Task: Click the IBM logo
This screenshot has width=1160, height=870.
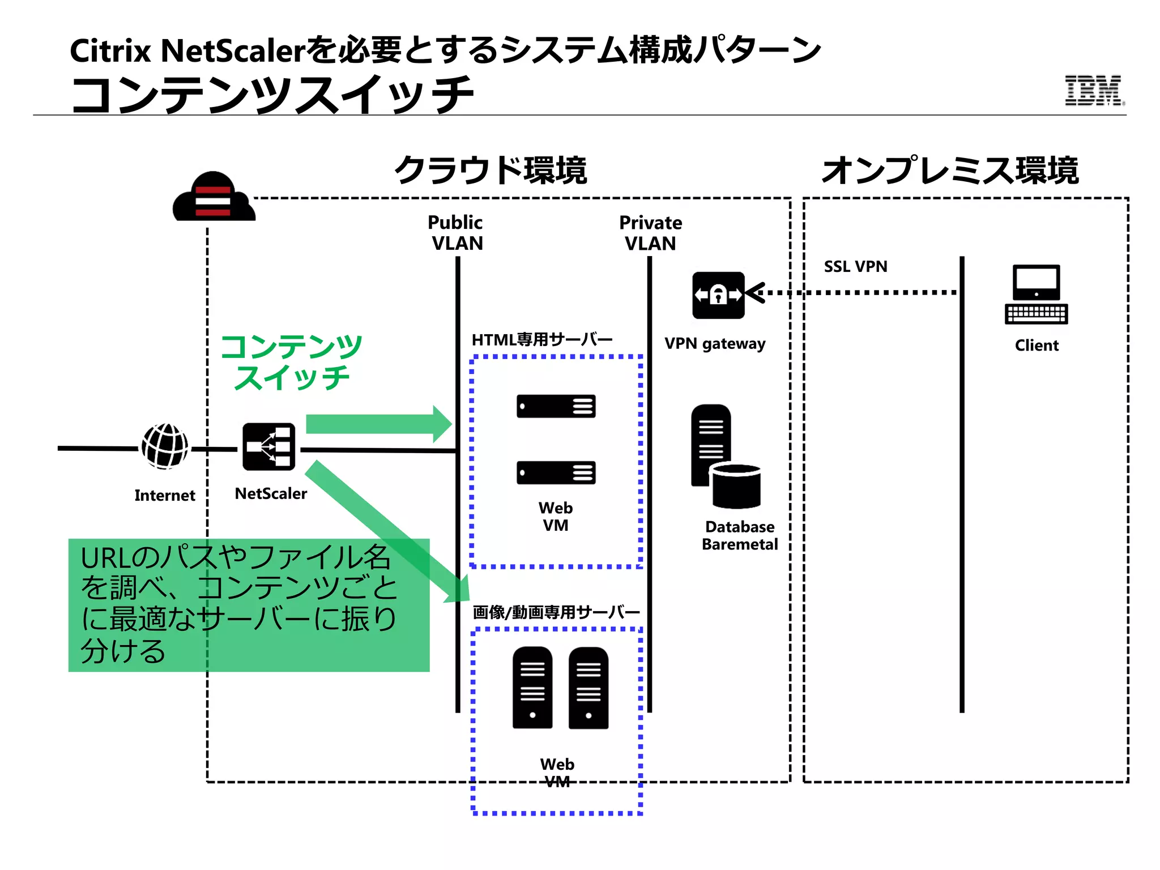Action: pos(1094,91)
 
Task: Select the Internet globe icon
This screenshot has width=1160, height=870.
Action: pos(165,446)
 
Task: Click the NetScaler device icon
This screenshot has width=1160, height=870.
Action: pos(268,447)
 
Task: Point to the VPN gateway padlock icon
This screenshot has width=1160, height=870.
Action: pos(718,295)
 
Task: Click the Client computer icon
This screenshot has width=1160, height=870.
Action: pos(1036,295)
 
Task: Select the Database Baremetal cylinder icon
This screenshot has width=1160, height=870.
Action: pos(735,485)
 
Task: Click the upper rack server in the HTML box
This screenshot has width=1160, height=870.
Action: pos(556,406)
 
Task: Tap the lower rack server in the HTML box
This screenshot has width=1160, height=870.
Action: pos(556,472)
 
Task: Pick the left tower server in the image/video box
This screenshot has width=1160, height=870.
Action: pos(532,688)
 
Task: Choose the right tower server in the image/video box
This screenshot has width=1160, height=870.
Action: pos(588,688)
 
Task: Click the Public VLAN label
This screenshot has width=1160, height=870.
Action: pos(456,233)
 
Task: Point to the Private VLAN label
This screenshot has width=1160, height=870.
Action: pos(650,233)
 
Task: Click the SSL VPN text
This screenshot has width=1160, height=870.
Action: pos(855,266)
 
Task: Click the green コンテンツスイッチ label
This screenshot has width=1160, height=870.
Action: pos(291,362)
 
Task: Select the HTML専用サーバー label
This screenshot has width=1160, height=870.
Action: pos(542,340)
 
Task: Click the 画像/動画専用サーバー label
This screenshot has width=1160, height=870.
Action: pos(556,612)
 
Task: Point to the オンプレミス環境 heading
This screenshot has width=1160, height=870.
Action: pos(950,170)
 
